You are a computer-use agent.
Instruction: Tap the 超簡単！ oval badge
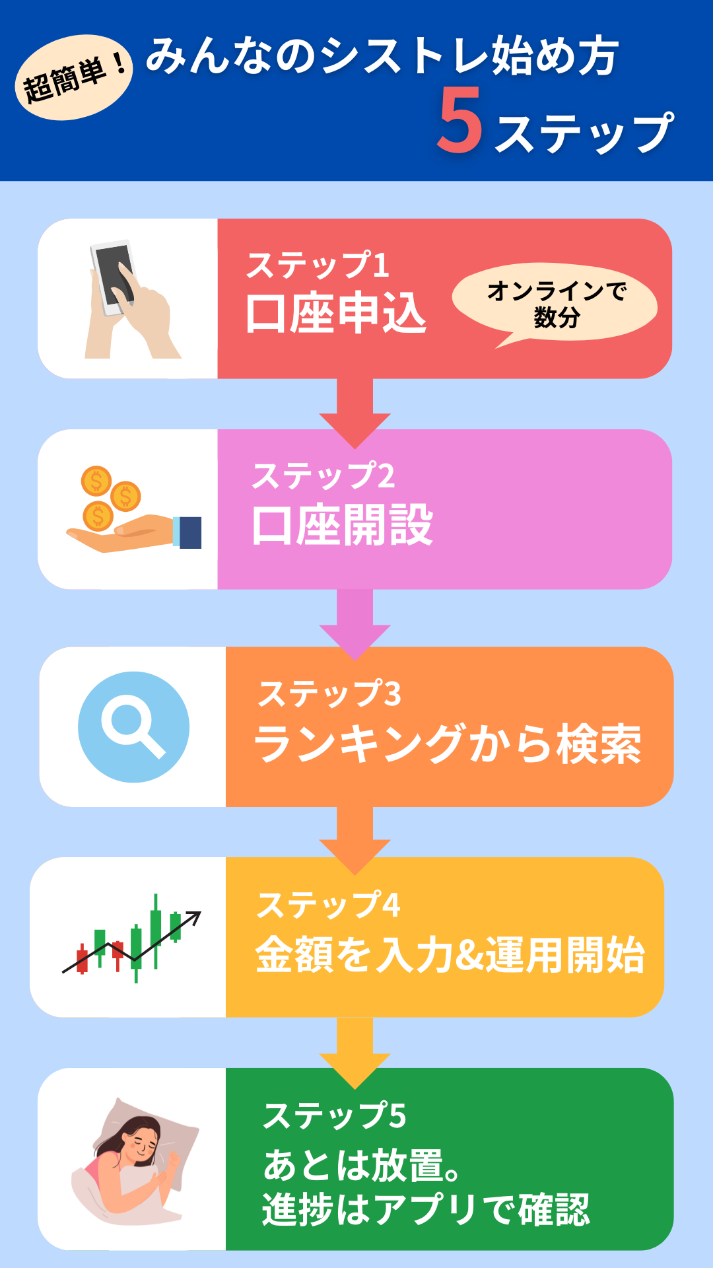(73, 78)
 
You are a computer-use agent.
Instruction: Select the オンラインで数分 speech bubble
(555, 303)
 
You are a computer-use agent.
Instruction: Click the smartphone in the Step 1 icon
(113, 277)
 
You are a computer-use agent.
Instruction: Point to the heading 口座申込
(336, 313)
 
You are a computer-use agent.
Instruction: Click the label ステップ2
(323, 475)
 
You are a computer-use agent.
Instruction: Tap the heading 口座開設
(342, 525)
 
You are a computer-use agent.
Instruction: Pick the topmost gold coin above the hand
(96, 480)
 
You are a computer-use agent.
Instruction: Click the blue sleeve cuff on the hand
(189, 532)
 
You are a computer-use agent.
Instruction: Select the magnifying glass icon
(133, 726)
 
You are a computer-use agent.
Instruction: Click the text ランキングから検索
(448, 744)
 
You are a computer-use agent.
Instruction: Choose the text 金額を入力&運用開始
(450, 955)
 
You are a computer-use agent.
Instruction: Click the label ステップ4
(329, 905)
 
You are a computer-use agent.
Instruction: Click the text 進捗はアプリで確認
(426, 1209)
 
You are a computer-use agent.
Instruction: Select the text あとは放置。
(361, 1165)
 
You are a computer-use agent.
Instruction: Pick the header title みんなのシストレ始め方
(382, 57)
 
